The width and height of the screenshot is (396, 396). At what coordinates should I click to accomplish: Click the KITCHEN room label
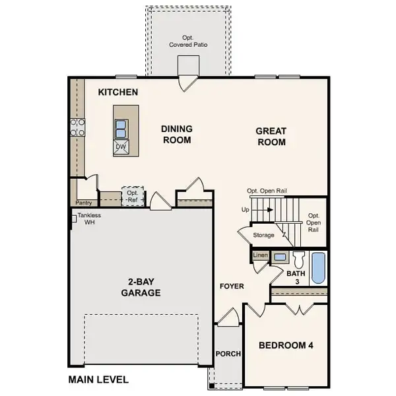click(x=118, y=92)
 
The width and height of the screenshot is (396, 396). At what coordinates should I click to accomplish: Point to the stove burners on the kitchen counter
click(x=77, y=127)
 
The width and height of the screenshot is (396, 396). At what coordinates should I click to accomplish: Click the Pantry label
click(x=83, y=203)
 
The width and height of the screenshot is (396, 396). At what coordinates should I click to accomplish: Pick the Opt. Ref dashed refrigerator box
click(x=132, y=196)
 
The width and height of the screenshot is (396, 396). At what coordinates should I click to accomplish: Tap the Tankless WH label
click(x=88, y=218)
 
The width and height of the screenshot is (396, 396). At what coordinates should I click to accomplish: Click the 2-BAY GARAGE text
click(x=141, y=287)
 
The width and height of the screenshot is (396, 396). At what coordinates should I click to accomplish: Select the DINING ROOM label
click(x=176, y=135)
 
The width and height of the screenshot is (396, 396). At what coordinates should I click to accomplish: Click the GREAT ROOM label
click(x=271, y=137)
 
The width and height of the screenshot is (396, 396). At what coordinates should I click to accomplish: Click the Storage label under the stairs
click(x=264, y=234)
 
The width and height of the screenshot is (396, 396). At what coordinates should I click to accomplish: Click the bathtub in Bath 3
click(x=318, y=268)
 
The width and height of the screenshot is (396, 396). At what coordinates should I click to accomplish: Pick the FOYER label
click(x=232, y=286)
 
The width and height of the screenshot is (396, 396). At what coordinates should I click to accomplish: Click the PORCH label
click(x=228, y=354)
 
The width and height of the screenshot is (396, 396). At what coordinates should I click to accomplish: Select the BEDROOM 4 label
click(x=286, y=345)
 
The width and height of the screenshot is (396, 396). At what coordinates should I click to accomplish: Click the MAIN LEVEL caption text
click(x=98, y=379)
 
